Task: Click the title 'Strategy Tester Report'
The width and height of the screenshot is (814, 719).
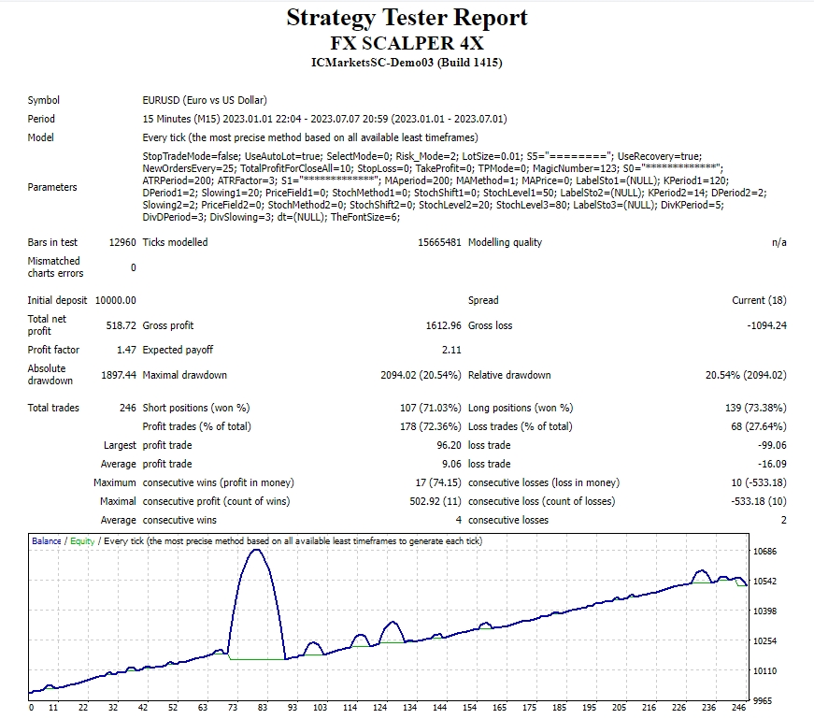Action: pyautogui.click(x=407, y=18)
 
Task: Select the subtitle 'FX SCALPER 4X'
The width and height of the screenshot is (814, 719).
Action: pyautogui.click(x=407, y=43)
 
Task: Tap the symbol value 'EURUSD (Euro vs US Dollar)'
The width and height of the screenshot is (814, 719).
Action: pyautogui.click(x=205, y=100)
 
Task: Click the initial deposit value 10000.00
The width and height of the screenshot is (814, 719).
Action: pyautogui.click(x=115, y=300)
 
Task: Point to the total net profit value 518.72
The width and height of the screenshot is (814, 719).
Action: pyautogui.click(x=121, y=325)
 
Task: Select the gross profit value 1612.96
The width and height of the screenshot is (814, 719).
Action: pyautogui.click(x=443, y=325)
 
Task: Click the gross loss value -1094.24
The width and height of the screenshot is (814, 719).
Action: pyautogui.click(x=766, y=325)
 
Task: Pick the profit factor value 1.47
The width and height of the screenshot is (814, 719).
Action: pyautogui.click(x=126, y=350)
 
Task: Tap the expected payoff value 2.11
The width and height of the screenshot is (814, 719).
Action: pyautogui.click(x=451, y=350)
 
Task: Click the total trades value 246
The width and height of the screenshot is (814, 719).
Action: pyautogui.click(x=128, y=408)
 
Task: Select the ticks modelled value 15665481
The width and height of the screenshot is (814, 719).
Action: pyautogui.click(x=439, y=242)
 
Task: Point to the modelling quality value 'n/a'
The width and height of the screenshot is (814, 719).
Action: pyautogui.click(x=778, y=242)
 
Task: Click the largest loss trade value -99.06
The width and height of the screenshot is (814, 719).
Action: pyautogui.click(x=772, y=445)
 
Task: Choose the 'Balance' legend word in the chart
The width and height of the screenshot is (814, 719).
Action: pyautogui.click(x=46, y=540)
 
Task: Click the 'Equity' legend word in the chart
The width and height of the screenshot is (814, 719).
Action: pyautogui.click(x=82, y=541)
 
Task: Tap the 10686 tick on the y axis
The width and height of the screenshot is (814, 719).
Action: pyautogui.click(x=764, y=552)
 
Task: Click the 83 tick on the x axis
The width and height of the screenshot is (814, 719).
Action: pyautogui.click(x=263, y=707)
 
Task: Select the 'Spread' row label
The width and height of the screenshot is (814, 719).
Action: pyautogui.click(x=483, y=300)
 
